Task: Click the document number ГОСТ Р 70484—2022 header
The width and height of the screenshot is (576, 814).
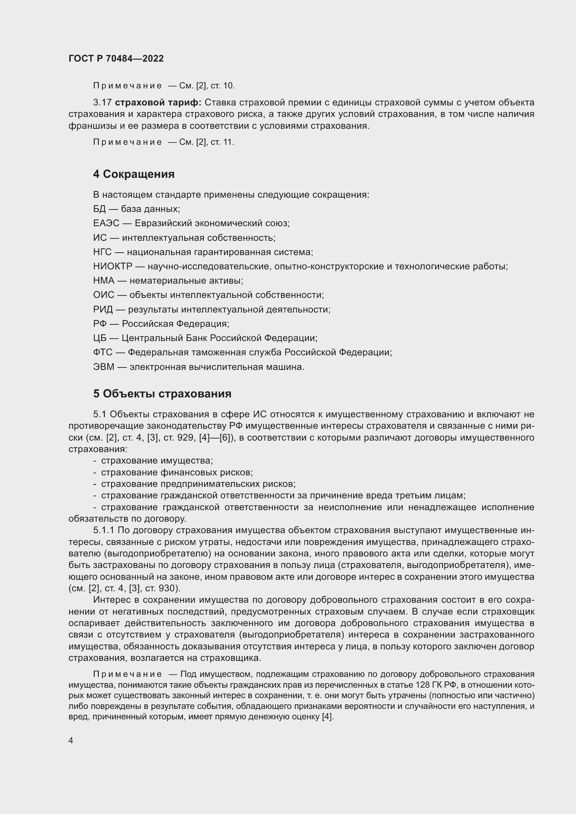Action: tap(116, 58)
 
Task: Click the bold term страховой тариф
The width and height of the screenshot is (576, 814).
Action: tap(158, 102)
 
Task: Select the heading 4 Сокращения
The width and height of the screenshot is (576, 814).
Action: tap(134, 174)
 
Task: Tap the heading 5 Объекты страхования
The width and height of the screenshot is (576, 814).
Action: tap(162, 394)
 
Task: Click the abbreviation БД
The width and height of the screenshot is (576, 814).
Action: tap(99, 209)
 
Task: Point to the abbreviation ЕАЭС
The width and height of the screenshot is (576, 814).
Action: tap(106, 223)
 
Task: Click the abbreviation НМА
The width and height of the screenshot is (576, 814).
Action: tap(103, 281)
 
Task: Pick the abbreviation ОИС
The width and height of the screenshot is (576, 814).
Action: tap(103, 295)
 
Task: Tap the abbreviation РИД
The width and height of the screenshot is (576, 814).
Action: tap(103, 309)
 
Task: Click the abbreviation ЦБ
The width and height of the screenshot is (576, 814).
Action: tap(100, 338)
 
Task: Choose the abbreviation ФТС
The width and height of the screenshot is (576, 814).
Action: tap(102, 353)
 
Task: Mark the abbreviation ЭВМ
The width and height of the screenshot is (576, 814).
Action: tap(103, 367)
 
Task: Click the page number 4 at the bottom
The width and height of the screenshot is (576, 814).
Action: tap(71, 740)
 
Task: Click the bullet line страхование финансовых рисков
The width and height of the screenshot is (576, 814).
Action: tap(177, 472)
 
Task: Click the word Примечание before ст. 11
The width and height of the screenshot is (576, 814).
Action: tap(127, 142)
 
